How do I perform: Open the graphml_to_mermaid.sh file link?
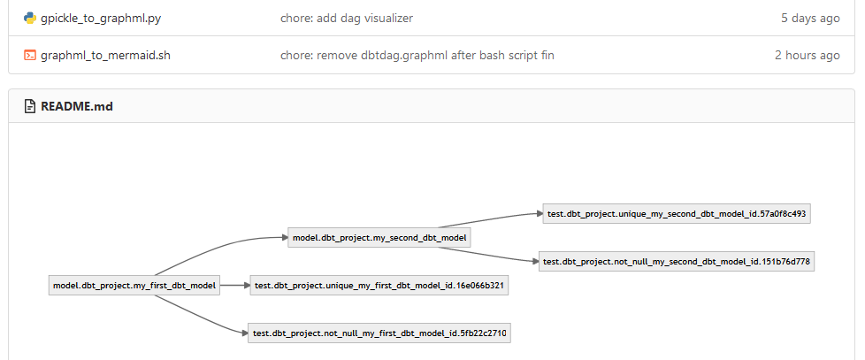105,55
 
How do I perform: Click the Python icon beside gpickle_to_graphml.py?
30,18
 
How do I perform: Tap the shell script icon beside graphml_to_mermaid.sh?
30,55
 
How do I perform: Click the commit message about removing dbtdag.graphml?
417,55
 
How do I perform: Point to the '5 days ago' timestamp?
810,18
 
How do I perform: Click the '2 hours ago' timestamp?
807,55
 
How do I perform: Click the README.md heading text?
76,107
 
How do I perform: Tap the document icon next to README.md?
30,107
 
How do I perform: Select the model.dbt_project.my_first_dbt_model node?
134,285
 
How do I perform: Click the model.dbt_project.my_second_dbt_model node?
379,237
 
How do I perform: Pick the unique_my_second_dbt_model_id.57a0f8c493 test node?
677,213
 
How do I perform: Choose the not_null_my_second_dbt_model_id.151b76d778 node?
677,261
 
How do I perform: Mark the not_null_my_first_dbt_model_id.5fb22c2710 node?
378,333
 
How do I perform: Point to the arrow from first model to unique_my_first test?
234,285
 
